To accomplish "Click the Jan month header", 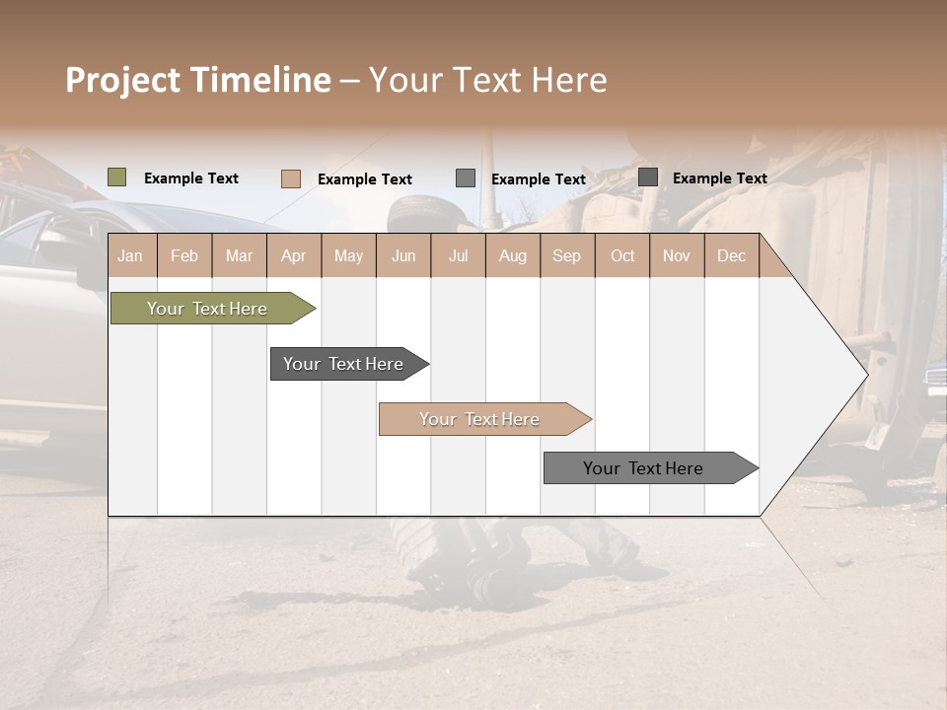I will pyautogui.click(x=130, y=255).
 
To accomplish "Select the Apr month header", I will pyautogui.click(x=293, y=255).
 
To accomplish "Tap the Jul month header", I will pyautogui.click(x=458, y=255).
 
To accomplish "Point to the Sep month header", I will pyautogui.click(x=566, y=255).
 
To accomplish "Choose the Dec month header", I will pyautogui.click(x=731, y=255).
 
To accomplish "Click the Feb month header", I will pyautogui.click(x=184, y=255).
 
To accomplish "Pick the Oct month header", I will pyautogui.click(x=622, y=255).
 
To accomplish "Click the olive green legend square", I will pyautogui.click(x=116, y=177).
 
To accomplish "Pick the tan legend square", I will pyautogui.click(x=290, y=178).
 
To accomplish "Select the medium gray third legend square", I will pyautogui.click(x=465, y=178).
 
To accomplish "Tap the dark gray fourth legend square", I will pyautogui.click(x=647, y=177).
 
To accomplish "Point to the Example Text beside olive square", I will pyautogui.click(x=191, y=178).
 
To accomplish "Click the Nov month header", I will pyautogui.click(x=676, y=255).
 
